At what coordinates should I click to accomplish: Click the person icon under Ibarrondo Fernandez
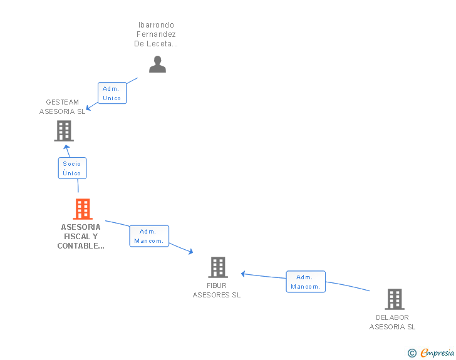coord(157,64)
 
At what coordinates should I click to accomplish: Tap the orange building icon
coord(83,208)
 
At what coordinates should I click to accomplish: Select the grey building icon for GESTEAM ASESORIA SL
coord(64,131)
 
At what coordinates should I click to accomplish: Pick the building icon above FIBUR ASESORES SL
coord(218,267)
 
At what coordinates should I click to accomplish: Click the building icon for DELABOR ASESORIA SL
coord(395,299)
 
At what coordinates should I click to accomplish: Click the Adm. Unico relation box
coord(112,93)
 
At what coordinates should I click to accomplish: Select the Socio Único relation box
coord(72,168)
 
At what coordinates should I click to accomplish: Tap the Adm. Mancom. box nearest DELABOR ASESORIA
coord(306,282)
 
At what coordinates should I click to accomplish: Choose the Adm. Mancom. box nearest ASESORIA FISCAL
coord(149,236)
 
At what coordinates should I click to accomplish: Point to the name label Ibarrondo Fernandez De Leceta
coord(156,34)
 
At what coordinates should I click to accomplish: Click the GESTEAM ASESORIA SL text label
coord(62,106)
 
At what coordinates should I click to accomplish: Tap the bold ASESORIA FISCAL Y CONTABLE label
coord(81,237)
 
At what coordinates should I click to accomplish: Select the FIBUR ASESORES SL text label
coord(217,291)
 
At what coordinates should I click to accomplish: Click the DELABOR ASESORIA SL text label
coord(392,322)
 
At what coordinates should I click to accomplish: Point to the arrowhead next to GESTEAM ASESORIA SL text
coord(88,108)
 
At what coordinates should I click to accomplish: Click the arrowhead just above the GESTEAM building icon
coord(66,147)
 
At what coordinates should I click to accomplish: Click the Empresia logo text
coord(437,353)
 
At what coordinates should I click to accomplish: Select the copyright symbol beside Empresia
coord(412,353)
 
